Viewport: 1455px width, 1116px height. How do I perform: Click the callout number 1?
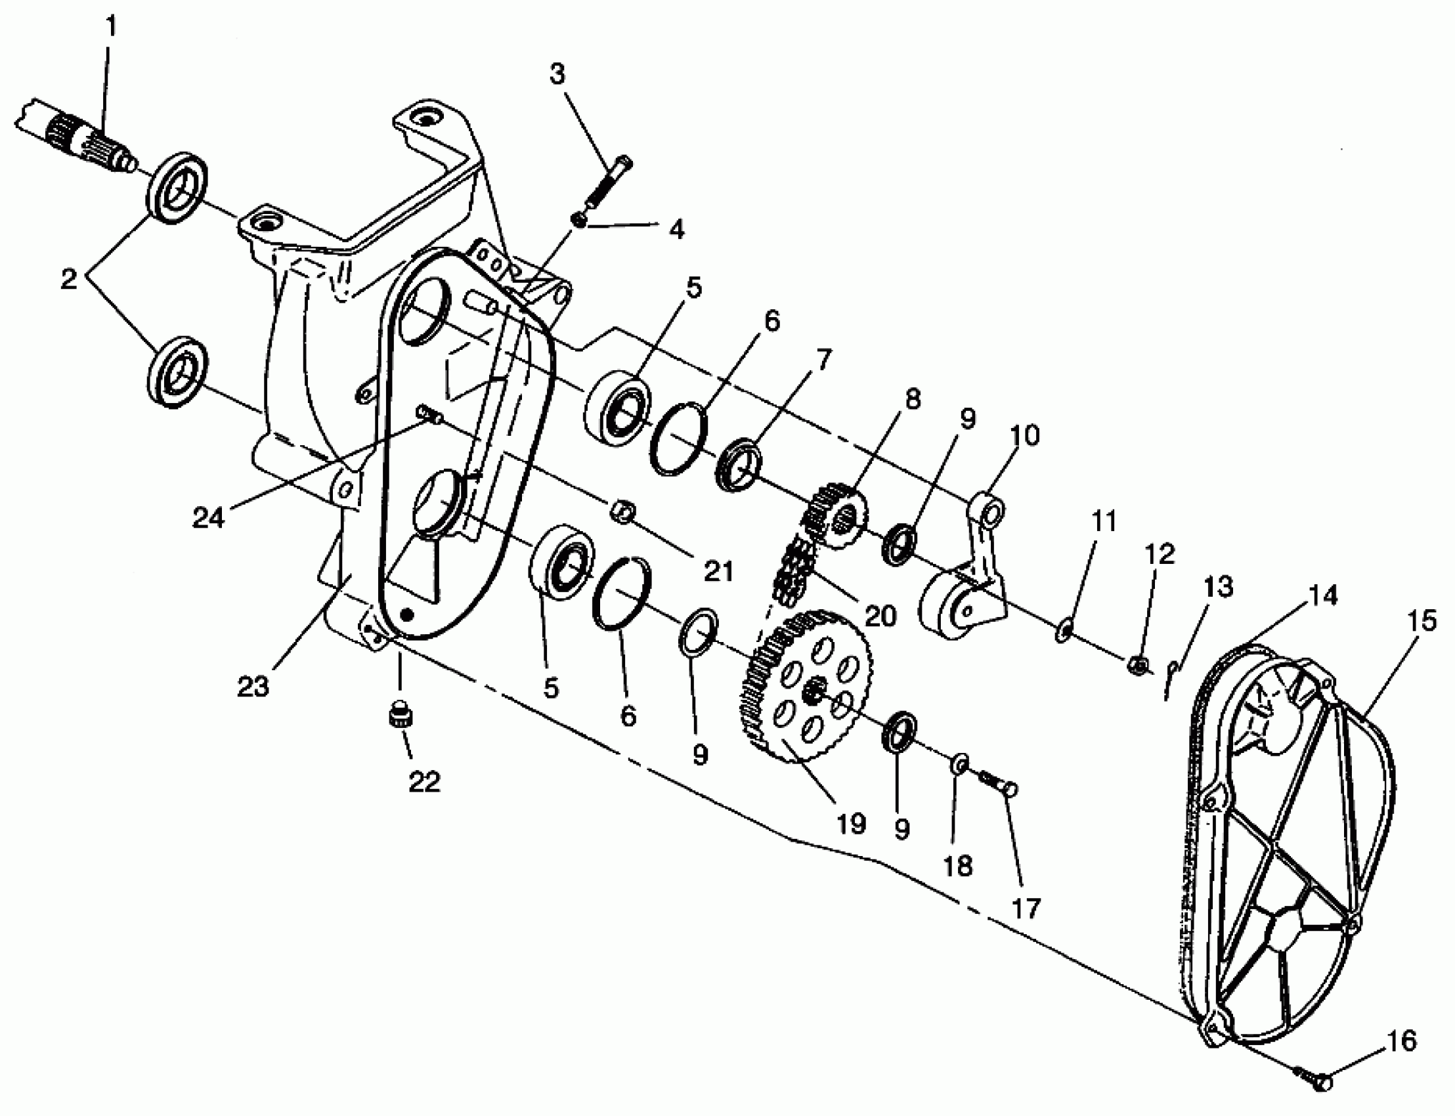(x=111, y=26)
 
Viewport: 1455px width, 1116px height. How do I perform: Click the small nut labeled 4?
(x=580, y=220)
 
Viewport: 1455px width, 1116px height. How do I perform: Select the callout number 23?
(x=253, y=687)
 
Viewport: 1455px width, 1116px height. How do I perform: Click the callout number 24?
(x=208, y=517)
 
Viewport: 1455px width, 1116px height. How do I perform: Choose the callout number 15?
(x=1421, y=621)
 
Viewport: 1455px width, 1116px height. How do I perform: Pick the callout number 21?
(x=718, y=570)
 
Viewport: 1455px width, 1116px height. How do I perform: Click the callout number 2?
(x=68, y=278)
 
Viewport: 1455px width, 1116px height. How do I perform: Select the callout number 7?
(x=823, y=359)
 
